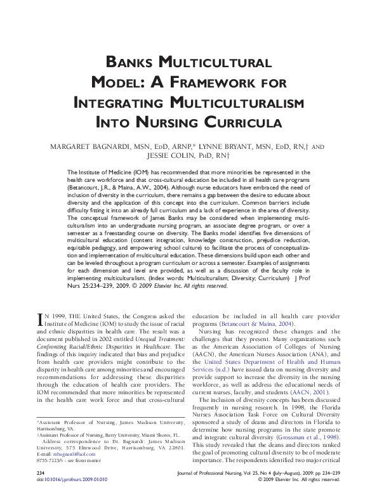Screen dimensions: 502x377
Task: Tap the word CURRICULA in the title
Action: point(243,122)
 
